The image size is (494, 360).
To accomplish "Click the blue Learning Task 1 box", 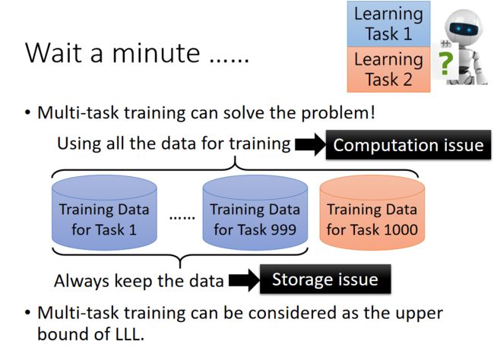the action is click(x=388, y=24).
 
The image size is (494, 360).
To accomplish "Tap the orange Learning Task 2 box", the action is click(x=388, y=70).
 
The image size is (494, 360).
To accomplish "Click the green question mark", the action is click(x=445, y=63).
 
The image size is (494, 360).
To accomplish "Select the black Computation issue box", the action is click(x=408, y=144).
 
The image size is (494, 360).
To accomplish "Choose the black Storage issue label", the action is click(x=325, y=279).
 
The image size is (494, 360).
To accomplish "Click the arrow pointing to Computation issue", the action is click(x=310, y=144).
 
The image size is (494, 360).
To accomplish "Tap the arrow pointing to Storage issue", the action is click(x=244, y=280).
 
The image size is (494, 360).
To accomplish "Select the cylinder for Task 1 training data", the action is click(x=104, y=213).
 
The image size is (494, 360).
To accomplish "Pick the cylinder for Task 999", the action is click(x=255, y=213).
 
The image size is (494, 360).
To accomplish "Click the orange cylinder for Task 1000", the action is click(x=372, y=213).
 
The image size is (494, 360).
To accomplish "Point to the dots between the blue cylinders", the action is click(x=182, y=217).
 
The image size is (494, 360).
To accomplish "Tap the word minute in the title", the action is click(x=156, y=52).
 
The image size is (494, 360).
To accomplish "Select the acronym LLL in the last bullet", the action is click(x=127, y=333).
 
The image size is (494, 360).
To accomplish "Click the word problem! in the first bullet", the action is click(x=338, y=113).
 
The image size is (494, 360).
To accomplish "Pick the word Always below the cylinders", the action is click(x=82, y=281).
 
